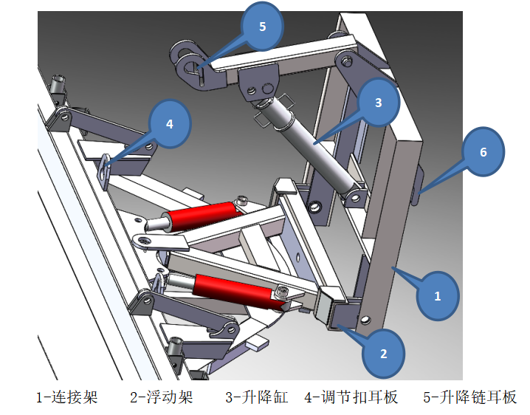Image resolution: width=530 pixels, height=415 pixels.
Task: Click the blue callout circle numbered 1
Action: tap(436, 296)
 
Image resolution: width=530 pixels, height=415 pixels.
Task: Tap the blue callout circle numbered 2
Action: tap(383, 353)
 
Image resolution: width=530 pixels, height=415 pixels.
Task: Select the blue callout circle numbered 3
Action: tap(378, 103)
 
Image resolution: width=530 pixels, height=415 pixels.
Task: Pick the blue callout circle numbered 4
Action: tap(170, 123)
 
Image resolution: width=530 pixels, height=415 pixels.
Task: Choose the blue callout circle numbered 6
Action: tap(483, 152)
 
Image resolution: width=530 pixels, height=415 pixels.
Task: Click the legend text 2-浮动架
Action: tap(161, 397)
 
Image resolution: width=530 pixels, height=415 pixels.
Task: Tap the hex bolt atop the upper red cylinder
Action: tap(242, 201)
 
